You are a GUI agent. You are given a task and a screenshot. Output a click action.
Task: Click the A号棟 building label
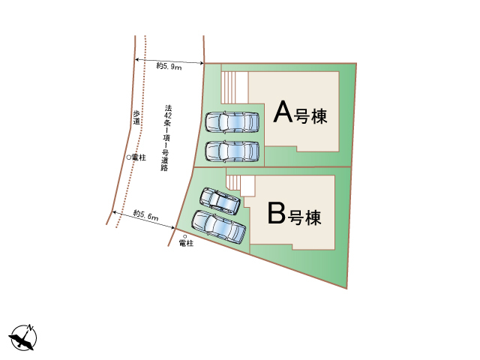(300, 112)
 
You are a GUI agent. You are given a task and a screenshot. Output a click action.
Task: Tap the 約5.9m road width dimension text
(169, 66)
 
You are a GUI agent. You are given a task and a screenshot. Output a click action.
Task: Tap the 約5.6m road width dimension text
(146, 215)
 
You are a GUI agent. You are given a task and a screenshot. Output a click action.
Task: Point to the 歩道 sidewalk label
(136, 118)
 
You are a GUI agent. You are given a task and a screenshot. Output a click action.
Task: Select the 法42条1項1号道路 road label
(166, 138)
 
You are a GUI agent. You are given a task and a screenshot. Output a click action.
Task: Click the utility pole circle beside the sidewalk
(129, 157)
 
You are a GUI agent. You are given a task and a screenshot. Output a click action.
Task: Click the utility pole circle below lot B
(184, 237)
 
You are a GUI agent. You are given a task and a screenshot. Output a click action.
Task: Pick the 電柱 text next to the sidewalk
(139, 157)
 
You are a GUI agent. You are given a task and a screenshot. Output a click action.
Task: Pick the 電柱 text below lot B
(186, 243)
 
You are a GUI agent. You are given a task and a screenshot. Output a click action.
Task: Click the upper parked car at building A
(232, 122)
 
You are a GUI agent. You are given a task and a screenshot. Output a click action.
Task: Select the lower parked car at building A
(232, 151)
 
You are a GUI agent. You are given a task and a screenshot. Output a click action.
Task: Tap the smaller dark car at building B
(220, 201)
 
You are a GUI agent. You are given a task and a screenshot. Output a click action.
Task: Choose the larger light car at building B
(218, 226)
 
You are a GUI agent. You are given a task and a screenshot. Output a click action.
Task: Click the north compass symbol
(23, 337)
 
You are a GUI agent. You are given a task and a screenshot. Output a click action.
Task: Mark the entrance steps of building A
(228, 87)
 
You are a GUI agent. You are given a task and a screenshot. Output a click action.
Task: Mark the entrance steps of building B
(233, 182)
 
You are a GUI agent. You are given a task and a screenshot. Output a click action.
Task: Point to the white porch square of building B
(247, 185)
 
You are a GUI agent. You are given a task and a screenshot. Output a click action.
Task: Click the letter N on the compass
(31, 328)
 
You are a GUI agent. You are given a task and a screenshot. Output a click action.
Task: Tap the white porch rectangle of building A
(242, 87)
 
